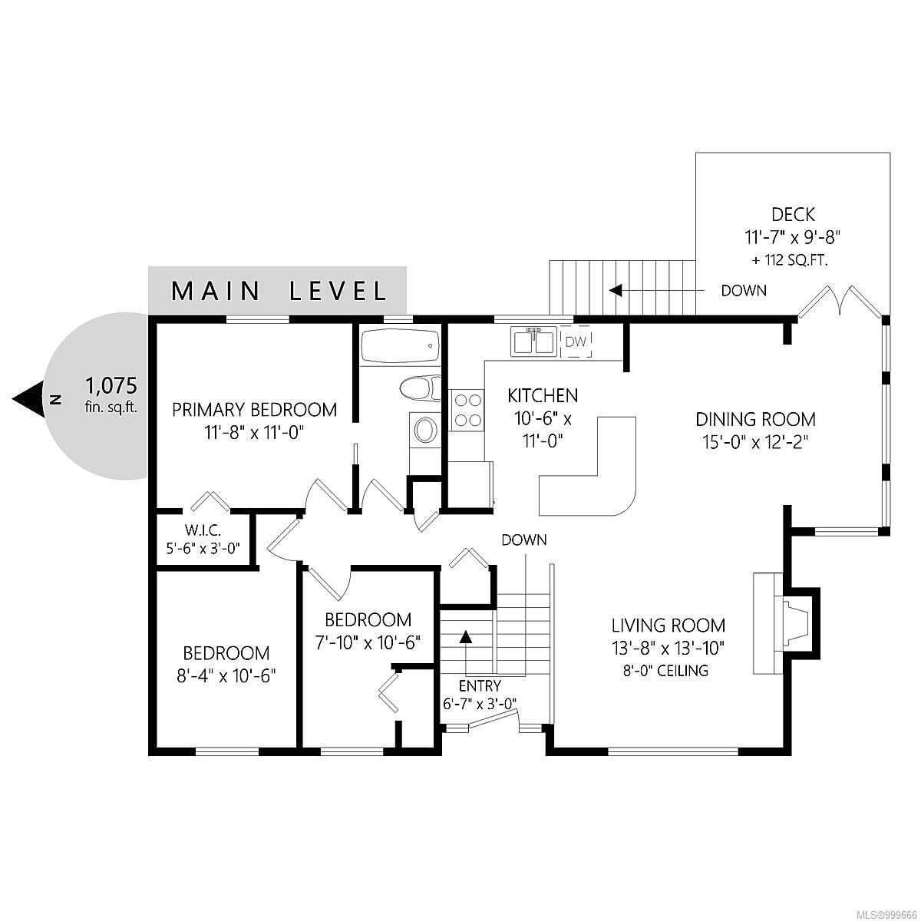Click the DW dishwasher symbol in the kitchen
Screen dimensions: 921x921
(x=576, y=342)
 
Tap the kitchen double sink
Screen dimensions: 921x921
(x=534, y=342)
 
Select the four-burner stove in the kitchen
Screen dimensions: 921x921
(x=467, y=409)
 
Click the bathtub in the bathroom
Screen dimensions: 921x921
(x=400, y=346)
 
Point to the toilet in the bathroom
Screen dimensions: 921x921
(x=421, y=388)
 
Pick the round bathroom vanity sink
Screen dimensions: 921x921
(x=424, y=429)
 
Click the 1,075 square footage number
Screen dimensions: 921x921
(x=111, y=385)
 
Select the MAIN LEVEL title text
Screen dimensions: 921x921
(x=279, y=291)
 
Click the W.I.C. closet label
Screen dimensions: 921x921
(x=203, y=530)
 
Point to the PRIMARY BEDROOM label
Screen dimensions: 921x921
(x=254, y=410)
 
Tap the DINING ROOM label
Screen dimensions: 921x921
(x=755, y=419)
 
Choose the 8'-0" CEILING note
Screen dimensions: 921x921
(x=665, y=671)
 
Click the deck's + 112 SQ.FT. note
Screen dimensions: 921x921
(x=790, y=260)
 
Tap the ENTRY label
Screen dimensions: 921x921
(x=480, y=686)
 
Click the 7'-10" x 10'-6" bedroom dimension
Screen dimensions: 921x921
(x=368, y=643)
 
